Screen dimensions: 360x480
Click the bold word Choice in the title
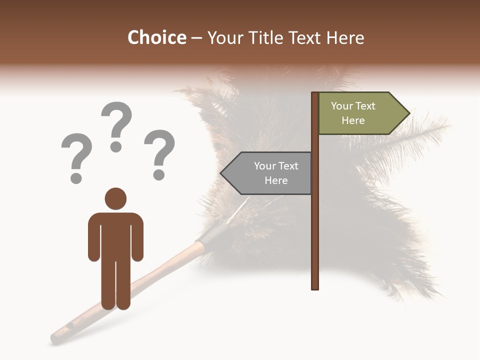156,38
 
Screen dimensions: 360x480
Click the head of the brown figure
115,198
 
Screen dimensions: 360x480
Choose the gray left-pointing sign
270,173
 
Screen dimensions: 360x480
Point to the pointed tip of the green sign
408,113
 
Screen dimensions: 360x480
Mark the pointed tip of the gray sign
221,173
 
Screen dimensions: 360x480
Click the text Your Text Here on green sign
353,113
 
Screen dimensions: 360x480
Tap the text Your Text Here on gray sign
276,173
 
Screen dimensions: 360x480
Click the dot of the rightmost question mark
159,175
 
